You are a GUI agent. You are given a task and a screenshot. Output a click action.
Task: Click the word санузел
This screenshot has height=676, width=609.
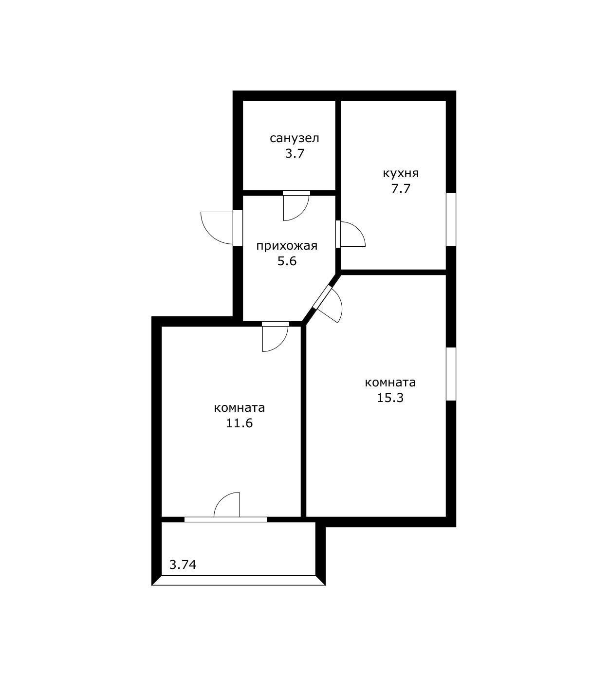point(294,139)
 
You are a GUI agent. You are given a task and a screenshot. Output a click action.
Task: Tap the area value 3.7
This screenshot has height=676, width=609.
point(295,154)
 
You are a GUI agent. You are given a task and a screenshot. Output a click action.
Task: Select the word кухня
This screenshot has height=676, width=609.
point(401,174)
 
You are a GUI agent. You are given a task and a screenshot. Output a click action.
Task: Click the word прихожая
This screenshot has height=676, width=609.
point(287,246)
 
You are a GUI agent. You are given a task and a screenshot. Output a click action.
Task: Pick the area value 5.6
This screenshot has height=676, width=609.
point(287,261)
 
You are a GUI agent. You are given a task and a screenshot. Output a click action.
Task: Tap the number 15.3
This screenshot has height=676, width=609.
point(390,398)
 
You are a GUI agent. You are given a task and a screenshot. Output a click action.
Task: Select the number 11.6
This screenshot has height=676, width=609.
point(239,423)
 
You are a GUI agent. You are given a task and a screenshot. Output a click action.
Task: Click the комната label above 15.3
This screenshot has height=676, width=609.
point(390,383)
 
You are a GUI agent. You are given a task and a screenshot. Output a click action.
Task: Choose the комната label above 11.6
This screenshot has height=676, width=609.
point(239,408)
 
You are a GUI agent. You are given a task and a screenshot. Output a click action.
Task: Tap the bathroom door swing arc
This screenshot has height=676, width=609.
point(302,214)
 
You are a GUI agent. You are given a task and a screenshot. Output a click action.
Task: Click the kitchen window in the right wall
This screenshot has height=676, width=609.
point(451,219)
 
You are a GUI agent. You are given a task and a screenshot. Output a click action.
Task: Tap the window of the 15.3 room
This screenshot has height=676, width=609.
point(451,374)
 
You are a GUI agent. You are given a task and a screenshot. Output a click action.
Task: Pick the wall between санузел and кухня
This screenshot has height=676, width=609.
point(338,146)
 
